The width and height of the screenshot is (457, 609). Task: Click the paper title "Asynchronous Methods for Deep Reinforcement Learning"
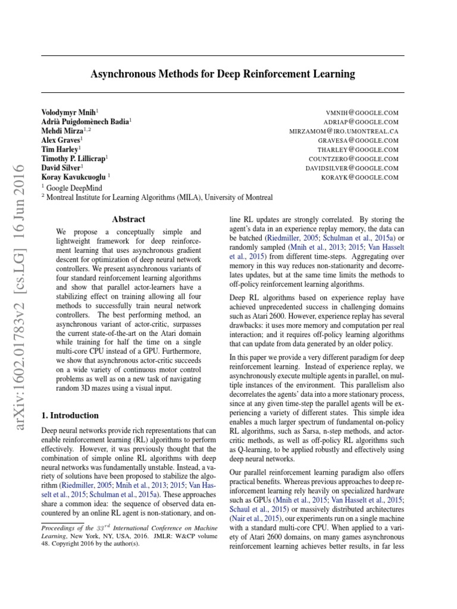[x=222, y=74]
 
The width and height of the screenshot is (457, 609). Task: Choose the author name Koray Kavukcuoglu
[x=74, y=177]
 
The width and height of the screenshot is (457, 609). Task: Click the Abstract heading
[x=129, y=219]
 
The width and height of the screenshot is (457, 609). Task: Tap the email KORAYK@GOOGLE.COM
[x=359, y=178]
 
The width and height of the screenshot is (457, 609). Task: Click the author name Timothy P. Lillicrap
[x=73, y=159]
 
